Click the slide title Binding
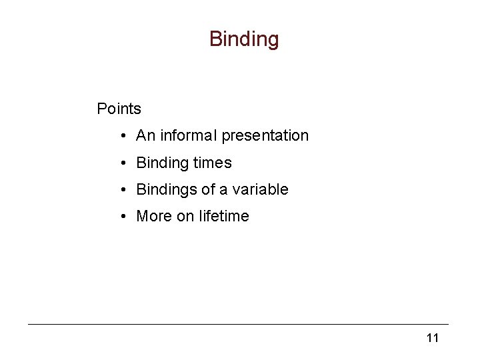pos(244,39)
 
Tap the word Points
pos(119,108)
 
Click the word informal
pos(188,135)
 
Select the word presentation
pos(265,136)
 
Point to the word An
pos(145,135)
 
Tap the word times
pos(213,163)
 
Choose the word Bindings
pos(165,189)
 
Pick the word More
pos(153,216)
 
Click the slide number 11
pos(433,338)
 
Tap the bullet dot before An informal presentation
pos(125,136)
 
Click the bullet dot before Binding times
pos(125,163)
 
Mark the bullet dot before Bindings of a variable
pos(125,189)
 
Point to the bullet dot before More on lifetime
pos(125,216)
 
